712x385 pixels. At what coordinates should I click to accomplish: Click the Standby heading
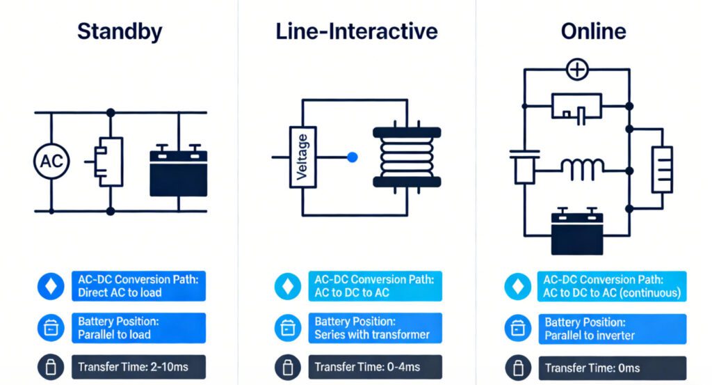click(x=120, y=31)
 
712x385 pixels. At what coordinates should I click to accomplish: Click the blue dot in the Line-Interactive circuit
click(x=352, y=158)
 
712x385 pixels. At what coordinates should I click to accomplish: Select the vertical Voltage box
click(x=302, y=158)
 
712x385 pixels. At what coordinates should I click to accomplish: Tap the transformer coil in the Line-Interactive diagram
click(x=407, y=157)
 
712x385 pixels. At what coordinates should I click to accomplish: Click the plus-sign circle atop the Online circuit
click(x=577, y=70)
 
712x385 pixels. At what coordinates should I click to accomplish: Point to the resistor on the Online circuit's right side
click(x=661, y=170)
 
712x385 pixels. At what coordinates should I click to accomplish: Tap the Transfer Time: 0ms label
click(x=593, y=367)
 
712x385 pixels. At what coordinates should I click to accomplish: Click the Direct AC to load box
click(x=138, y=286)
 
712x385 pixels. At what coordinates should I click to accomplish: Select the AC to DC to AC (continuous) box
click(x=611, y=286)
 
